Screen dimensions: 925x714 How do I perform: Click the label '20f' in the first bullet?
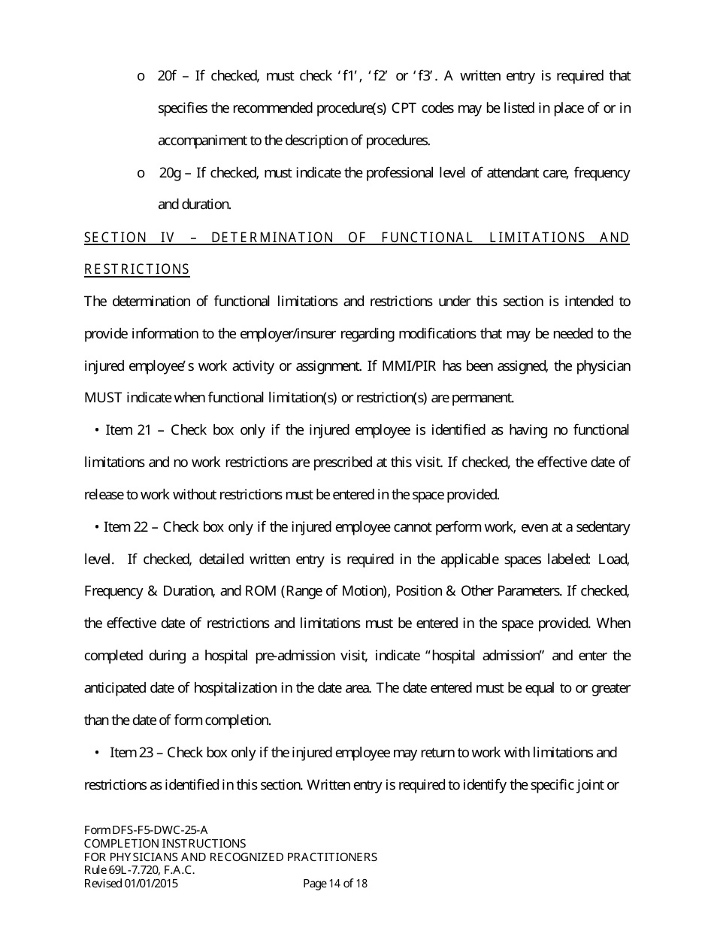pyautogui.click(x=167, y=76)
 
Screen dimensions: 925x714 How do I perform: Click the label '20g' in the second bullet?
pyautogui.click(x=171, y=173)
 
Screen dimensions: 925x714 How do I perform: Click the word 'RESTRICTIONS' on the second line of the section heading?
pyautogui.click(x=137, y=269)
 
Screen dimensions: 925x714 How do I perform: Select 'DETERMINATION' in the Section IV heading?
pyautogui.click(x=272, y=238)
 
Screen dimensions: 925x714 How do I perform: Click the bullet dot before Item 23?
pyautogui.click(x=98, y=753)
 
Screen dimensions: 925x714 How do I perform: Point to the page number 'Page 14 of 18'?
pyautogui.click(x=334, y=884)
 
